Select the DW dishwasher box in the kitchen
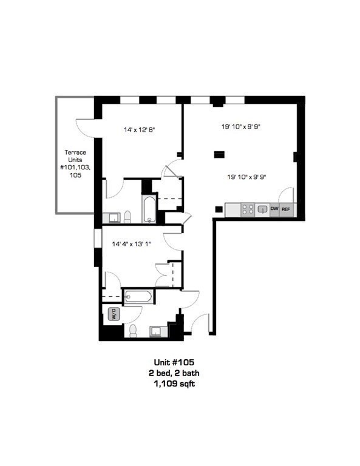coord(274,209)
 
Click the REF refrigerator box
coord(286,209)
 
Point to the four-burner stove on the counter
coord(248,209)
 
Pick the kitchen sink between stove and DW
coord(262,209)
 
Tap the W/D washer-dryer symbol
coord(113,314)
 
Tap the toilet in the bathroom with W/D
coord(133,330)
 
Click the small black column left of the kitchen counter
coord(218,210)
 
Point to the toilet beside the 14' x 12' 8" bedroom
coord(127,217)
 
